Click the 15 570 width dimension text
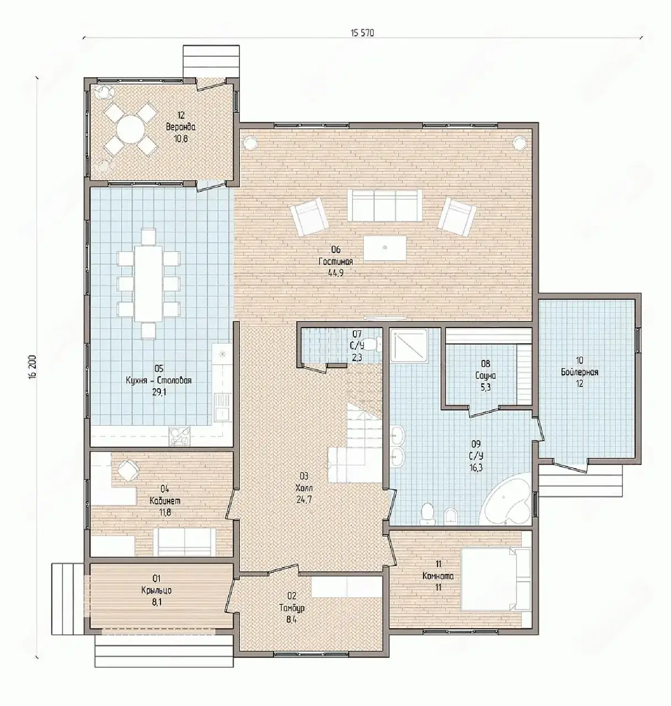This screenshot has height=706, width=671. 362,33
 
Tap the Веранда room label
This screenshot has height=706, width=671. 181,127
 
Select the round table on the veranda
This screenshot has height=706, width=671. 130,129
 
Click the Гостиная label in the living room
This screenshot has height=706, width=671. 336,261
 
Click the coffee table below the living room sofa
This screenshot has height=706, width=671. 385,248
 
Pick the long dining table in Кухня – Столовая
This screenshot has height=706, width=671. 148,284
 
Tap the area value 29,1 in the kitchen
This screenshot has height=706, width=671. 159,392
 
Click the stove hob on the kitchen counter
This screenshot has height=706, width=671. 180,435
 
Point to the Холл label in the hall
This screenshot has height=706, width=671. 304,488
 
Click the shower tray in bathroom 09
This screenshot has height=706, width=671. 410,347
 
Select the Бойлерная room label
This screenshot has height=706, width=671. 580,372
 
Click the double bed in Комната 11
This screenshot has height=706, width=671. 496,579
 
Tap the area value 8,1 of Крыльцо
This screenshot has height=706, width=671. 157,602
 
